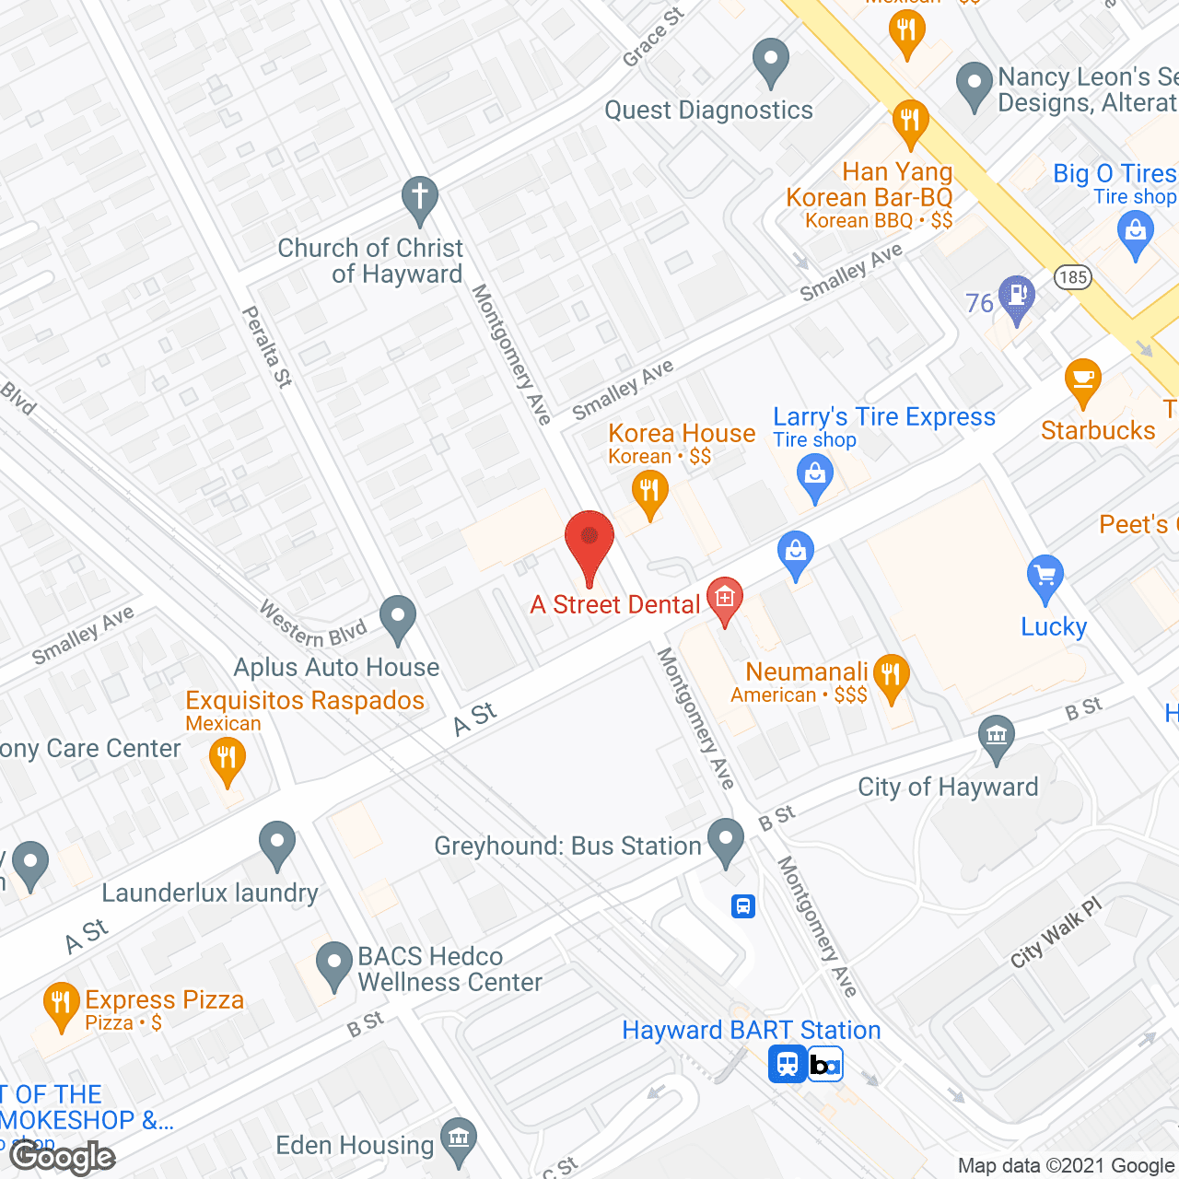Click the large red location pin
click(x=589, y=543)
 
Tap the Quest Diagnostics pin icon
click(x=771, y=62)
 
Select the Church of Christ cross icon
click(x=419, y=199)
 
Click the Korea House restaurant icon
click(x=650, y=493)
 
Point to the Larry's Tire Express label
click(x=883, y=417)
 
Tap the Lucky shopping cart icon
click(x=1045, y=578)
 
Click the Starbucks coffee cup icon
click(x=1082, y=380)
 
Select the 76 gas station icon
click(x=1017, y=297)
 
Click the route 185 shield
click(x=1072, y=276)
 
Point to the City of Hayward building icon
click(x=997, y=738)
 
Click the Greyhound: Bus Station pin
click(x=727, y=841)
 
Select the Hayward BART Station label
click(x=751, y=1030)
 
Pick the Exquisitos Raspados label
click(x=305, y=700)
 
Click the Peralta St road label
click(x=266, y=346)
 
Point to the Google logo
click(x=63, y=1157)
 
